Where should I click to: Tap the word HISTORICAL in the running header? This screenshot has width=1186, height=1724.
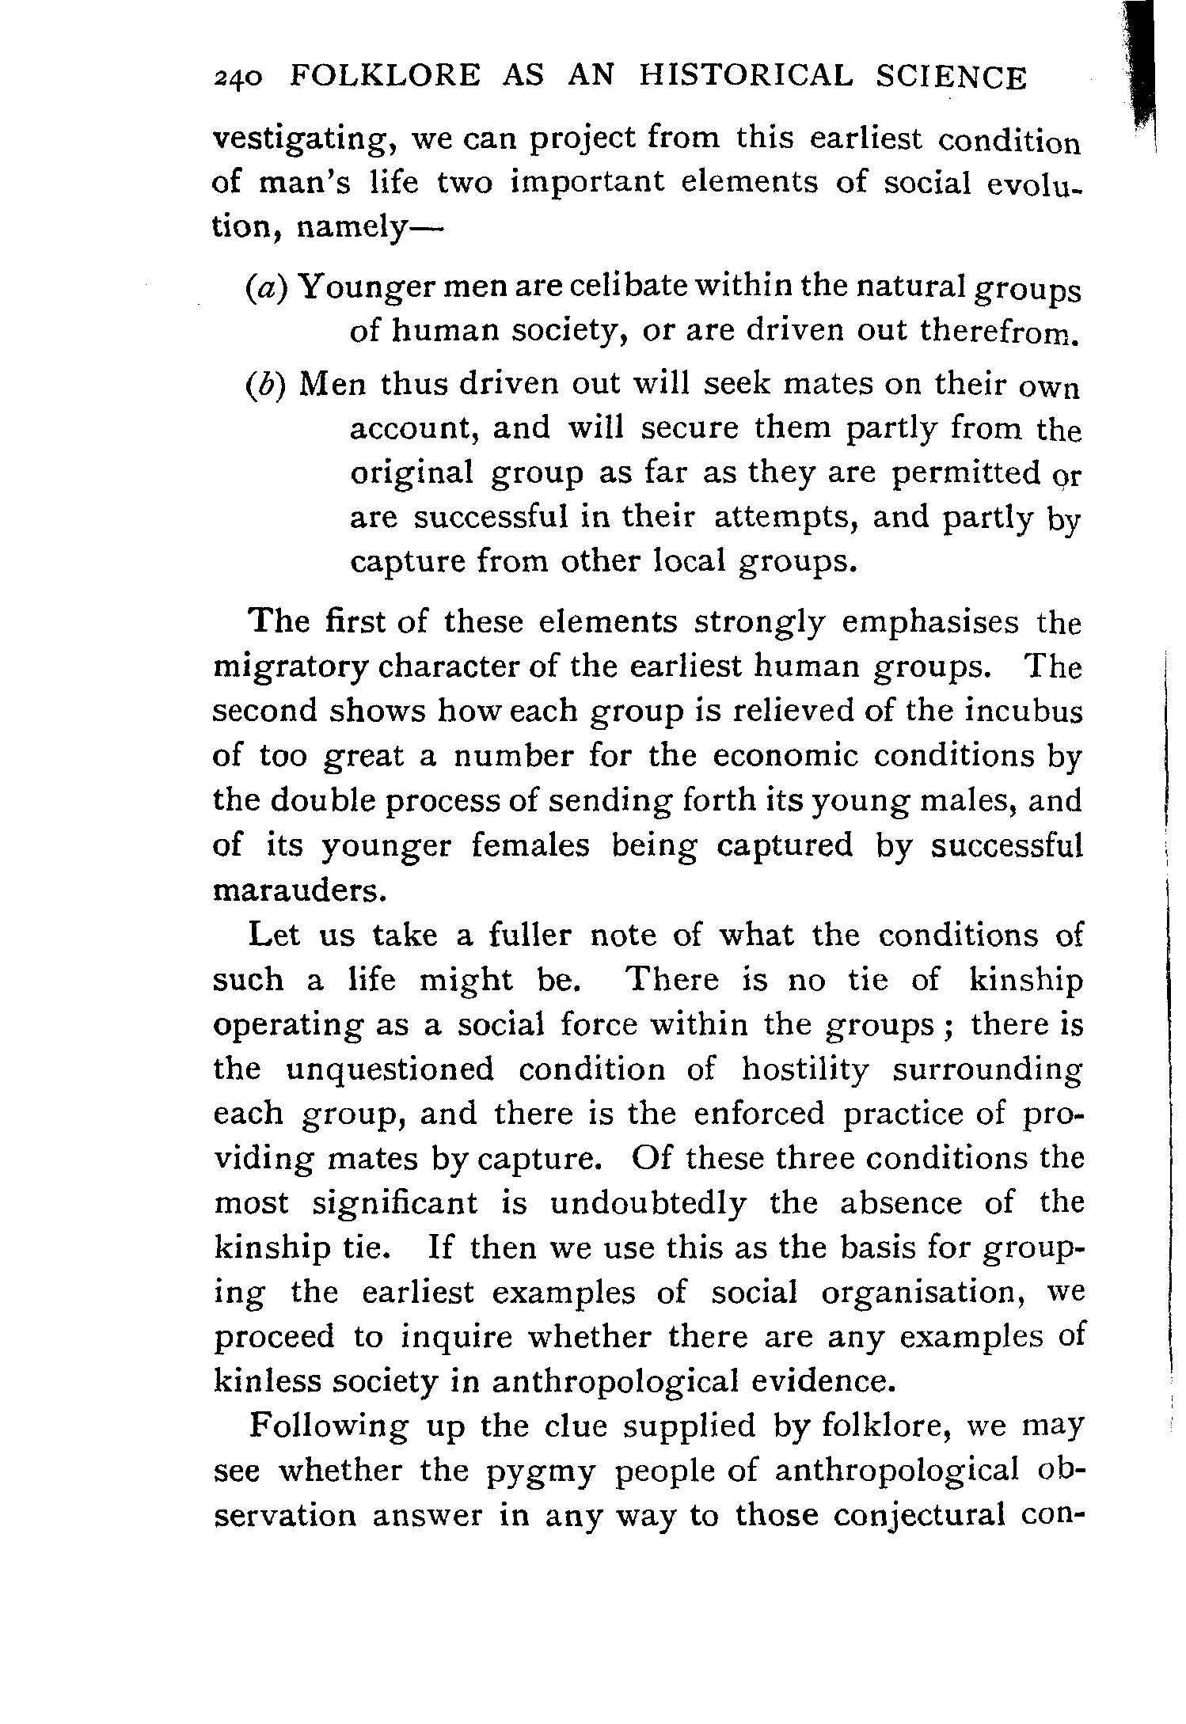747,76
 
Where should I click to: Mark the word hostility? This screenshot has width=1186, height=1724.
805,1070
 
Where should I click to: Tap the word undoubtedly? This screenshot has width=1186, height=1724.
648,1204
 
